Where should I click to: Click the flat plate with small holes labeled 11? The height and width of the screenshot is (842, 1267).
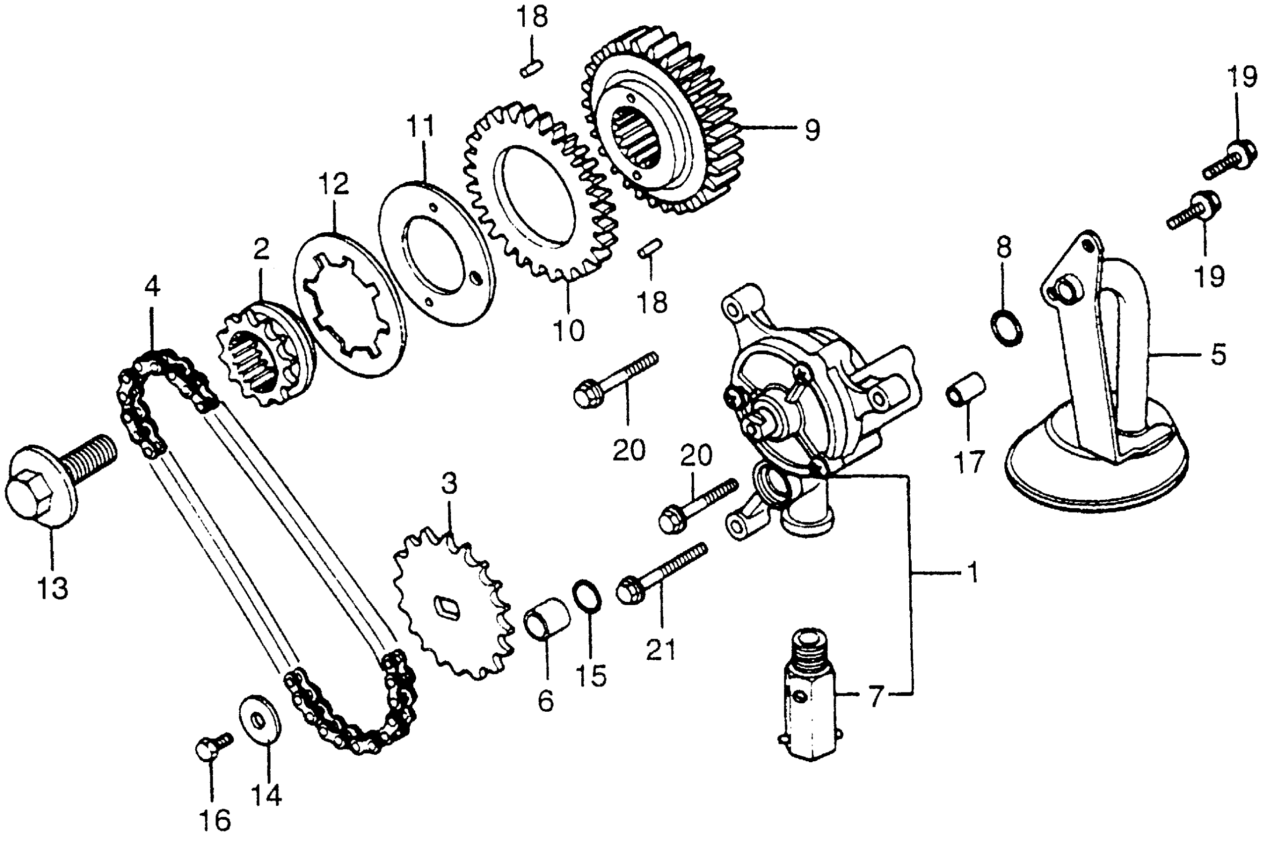tap(436, 253)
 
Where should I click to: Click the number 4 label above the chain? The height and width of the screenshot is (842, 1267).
tap(153, 287)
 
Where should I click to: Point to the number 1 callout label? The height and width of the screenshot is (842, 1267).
tap(973, 573)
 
